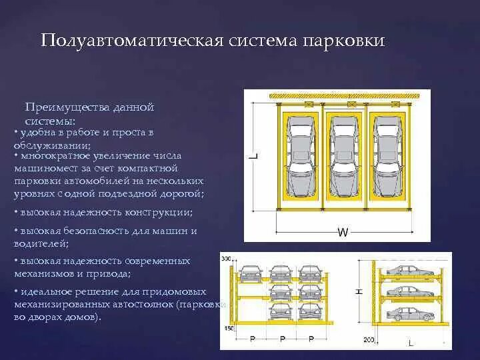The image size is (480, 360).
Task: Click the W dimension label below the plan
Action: [x=343, y=233]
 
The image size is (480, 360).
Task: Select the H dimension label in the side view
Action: [x=359, y=291]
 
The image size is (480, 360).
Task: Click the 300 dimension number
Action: [x=225, y=259]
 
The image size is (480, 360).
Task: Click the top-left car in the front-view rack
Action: [x=251, y=272]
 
